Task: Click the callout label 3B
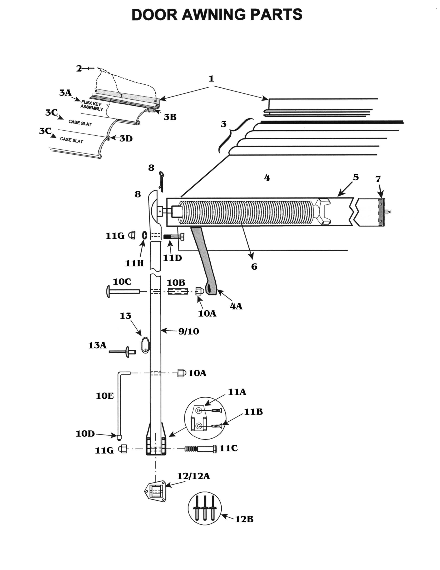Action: (x=170, y=117)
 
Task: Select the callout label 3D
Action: (x=126, y=139)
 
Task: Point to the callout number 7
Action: (x=378, y=179)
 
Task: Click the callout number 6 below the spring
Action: (x=254, y=267)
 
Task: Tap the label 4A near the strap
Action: (x=236, y=306)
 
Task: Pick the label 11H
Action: (x=134, y=263)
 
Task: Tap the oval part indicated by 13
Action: (x=145, y=346)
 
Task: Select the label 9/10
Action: (x=189, y=331)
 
